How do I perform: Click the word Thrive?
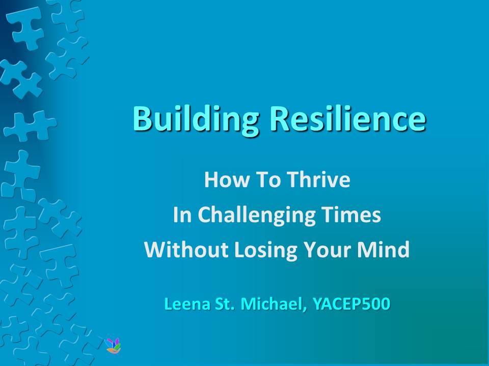318,179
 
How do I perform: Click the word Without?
186,250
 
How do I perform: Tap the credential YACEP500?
351,304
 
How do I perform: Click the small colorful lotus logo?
113,346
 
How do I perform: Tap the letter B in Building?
142,118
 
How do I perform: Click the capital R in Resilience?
280,118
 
